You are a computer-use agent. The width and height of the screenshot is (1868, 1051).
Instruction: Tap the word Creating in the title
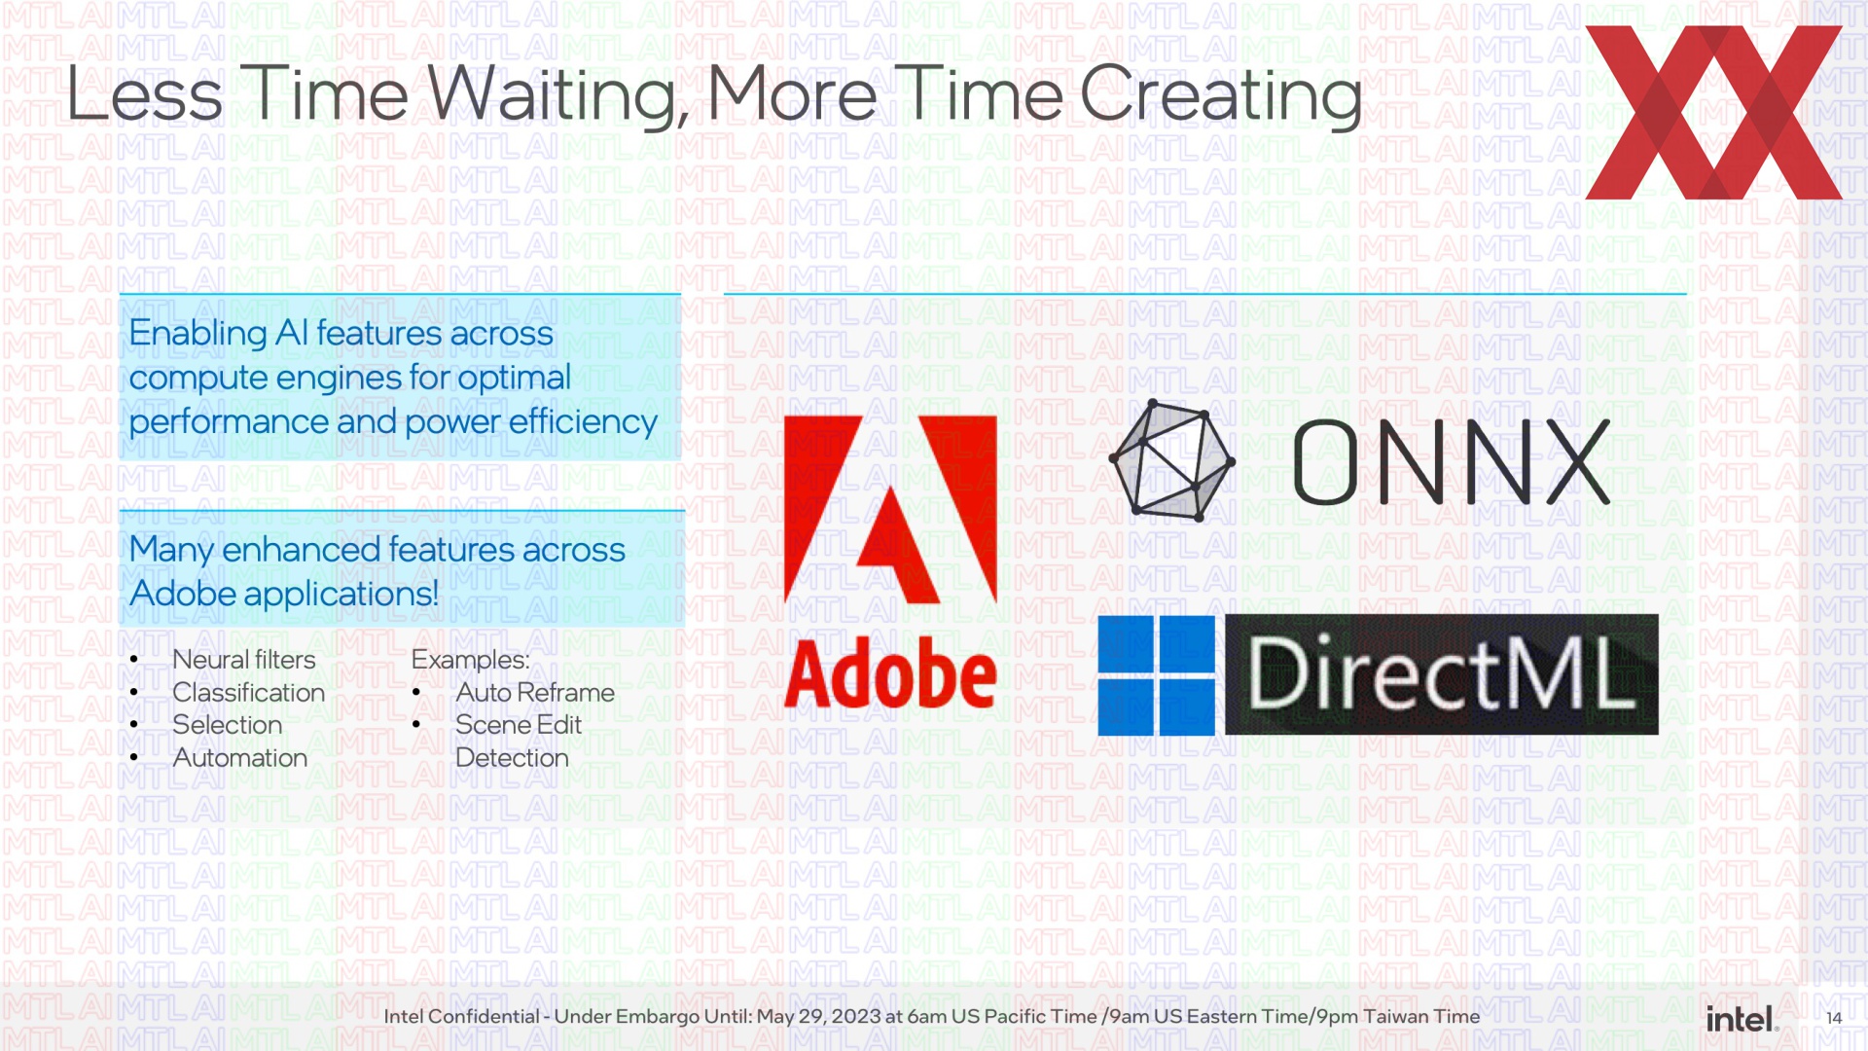[1220, 97]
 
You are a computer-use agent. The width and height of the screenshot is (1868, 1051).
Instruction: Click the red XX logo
[1713, 112]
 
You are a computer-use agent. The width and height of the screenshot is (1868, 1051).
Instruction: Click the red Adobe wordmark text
[890, 673]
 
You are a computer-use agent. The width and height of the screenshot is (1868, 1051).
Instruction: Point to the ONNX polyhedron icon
[1172, 459]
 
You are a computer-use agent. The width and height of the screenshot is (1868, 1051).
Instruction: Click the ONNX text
[1451, 462]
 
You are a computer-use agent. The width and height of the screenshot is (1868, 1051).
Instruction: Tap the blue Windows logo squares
[1157, 674]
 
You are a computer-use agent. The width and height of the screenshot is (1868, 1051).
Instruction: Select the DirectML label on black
[1442, 673]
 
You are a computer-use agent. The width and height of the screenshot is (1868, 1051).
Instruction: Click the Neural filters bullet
[243, 660]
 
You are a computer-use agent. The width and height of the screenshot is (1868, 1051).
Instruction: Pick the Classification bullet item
[248, 693]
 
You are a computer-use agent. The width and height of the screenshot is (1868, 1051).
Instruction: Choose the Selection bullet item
[227, 725]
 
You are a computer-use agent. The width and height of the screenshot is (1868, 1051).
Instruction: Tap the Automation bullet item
[239, 758]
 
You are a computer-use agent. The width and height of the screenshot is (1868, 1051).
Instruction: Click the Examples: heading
[470, 660]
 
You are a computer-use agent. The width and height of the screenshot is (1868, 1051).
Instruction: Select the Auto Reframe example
[535, 693]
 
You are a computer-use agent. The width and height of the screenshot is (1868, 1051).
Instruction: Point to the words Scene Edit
[519, 725]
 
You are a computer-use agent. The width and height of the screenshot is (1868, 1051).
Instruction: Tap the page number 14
[1834, 1018]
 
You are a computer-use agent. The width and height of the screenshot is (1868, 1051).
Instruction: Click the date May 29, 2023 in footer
[818, 1017]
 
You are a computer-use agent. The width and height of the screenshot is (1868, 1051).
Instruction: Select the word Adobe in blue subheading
[183, 594]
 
